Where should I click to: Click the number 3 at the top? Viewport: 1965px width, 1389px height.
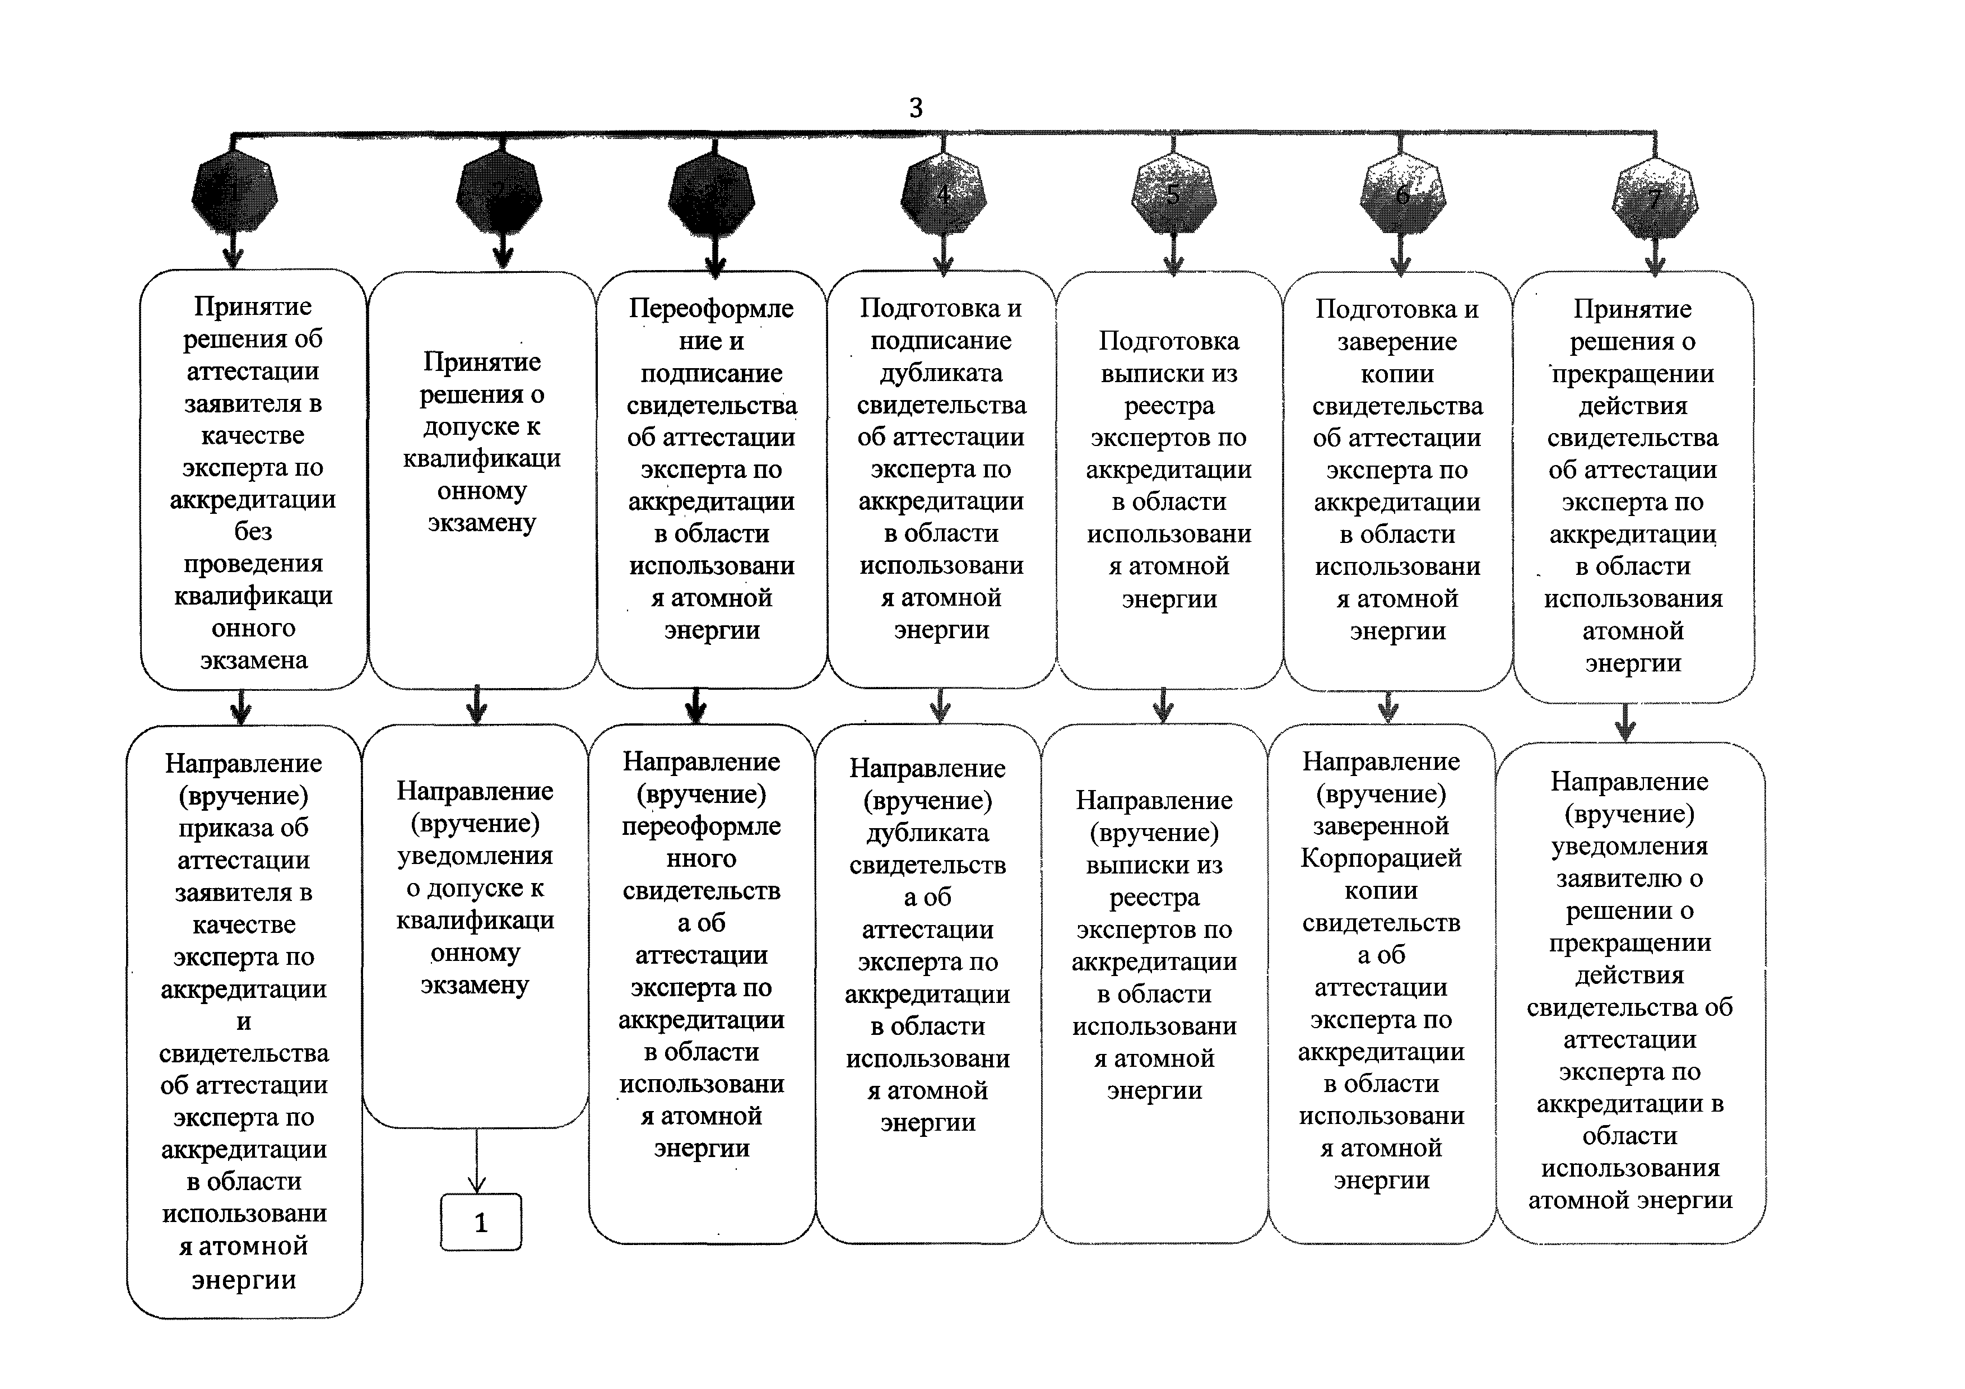[916, 108]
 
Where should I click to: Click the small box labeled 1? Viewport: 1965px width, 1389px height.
[480, 1222]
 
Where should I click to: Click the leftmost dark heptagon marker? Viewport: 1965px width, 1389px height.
[234, 192]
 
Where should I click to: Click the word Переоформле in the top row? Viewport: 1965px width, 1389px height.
[711, 308]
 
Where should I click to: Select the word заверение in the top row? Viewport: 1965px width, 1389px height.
[1397, 341]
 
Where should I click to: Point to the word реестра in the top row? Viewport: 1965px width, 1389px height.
[1169, 406]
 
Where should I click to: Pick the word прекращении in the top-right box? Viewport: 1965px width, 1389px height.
[1633, 374]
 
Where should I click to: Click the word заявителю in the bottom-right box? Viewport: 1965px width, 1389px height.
[1629, 878]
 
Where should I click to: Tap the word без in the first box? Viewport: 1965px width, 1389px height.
[253, 532]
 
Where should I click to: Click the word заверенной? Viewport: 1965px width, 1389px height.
[1381, 826]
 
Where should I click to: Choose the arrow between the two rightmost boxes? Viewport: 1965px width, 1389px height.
[1625, 723]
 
